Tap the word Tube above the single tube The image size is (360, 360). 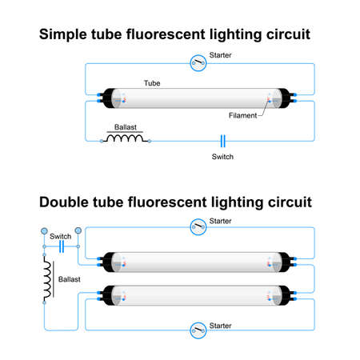coord(151,83)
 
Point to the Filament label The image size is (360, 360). coord(243,115)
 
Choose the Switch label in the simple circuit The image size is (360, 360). coord(222,157)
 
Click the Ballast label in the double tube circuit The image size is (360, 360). coord(70,281)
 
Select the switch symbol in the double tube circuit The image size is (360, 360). coord(61,247)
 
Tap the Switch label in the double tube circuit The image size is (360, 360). coord(60,237)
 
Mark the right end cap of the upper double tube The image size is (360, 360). coord(284,261)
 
